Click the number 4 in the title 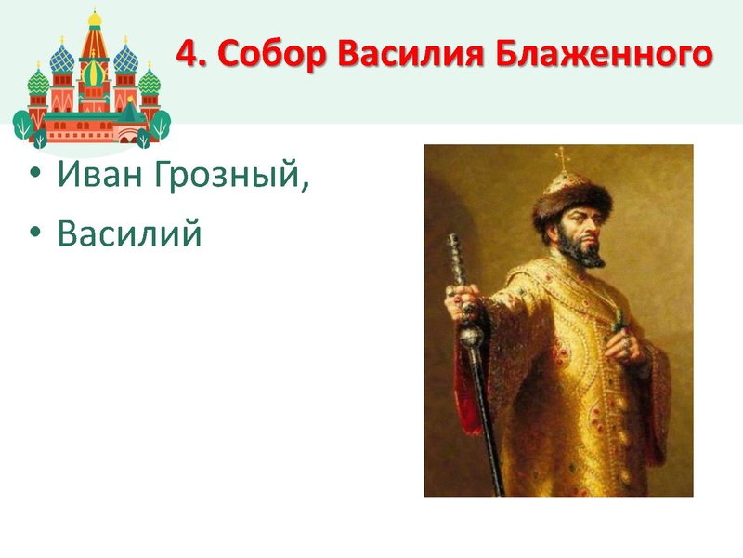tap(186, 55)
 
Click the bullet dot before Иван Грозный tap(35, 175)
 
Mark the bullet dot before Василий tap(35, 234)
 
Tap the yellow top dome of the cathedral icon tap(94, 19)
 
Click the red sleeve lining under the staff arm tap(462, 391)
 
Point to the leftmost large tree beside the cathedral tap(27, 126)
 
